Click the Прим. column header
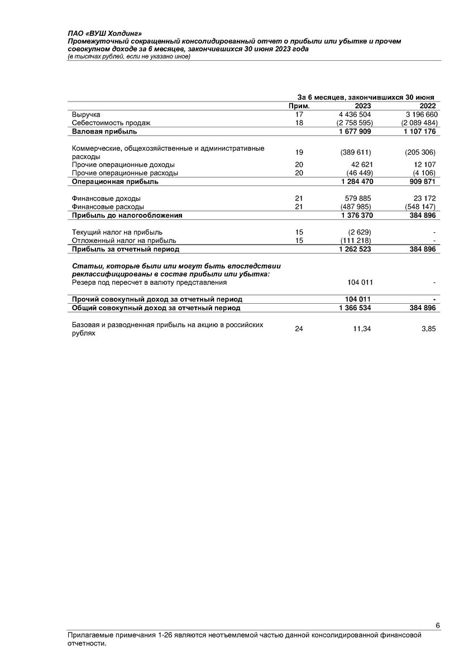pyautogui.click(x=299, y=106)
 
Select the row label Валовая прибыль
pyautogui.click(x=104, y=132)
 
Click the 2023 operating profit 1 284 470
pyautogui.click(x=355, y=181)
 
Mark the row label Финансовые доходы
pyautogui.click(x=106, y=198)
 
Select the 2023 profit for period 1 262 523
pyautogui.click(x=355, y=249)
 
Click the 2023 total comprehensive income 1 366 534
pyautogui.click(x=355, y=308)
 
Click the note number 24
pyautogui.click(x=299, y=329)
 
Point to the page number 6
pyautogui.click(x=438, y=625)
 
